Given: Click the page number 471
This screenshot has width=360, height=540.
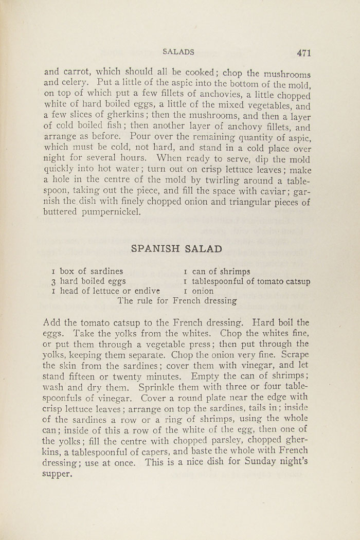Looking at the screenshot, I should pos(303,52).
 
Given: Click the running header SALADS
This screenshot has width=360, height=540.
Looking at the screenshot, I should pos(178,51).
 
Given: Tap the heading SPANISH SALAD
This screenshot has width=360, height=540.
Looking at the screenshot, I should pos(176,249).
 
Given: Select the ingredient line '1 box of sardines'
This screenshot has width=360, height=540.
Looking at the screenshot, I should pos(87,271).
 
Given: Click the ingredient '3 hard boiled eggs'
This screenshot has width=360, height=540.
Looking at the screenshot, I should pos(85,281).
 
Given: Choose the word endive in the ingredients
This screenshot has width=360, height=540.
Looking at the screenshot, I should pos(146,292).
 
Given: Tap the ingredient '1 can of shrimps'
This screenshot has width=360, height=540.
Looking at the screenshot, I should pos(217,271).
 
